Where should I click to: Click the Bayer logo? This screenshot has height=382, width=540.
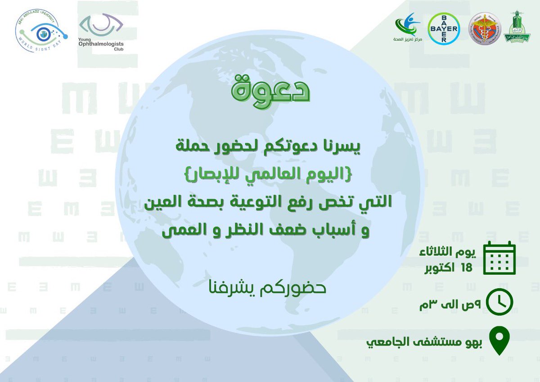point(444,28)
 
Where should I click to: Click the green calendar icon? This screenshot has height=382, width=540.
point(499,259)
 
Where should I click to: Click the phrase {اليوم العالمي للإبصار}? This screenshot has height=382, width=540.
point(270,174)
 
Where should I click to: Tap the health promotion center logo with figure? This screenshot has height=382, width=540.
point(408,28)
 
